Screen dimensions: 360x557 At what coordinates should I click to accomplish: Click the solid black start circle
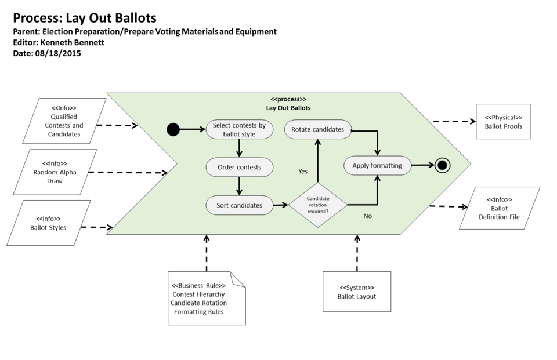173,129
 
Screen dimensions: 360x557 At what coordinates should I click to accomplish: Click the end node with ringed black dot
443,165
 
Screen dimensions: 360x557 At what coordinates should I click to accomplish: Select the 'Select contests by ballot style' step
239,130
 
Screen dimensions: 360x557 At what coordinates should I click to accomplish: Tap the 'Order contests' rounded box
239,168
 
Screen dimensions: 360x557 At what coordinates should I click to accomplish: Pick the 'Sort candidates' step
239,205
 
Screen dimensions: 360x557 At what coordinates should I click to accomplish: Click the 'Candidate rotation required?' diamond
317,205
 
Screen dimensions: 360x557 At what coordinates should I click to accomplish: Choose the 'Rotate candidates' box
317,129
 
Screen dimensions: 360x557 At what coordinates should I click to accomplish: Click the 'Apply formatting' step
377,165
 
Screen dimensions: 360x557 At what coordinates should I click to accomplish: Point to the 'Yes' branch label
303,172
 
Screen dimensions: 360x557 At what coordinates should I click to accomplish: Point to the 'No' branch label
367,216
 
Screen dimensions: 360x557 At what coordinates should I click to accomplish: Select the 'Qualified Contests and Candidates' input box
64,121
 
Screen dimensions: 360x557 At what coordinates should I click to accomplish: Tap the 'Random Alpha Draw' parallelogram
55,172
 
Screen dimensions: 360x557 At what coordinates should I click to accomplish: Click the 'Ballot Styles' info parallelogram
48,223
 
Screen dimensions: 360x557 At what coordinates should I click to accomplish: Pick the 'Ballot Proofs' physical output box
503,122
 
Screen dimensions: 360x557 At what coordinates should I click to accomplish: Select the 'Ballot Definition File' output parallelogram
499,208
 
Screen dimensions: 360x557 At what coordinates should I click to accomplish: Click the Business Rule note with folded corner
206,298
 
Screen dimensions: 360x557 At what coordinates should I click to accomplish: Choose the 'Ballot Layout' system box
356,292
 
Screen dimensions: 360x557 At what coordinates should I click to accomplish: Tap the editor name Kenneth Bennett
72,42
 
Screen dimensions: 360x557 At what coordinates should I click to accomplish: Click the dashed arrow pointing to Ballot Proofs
454,122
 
